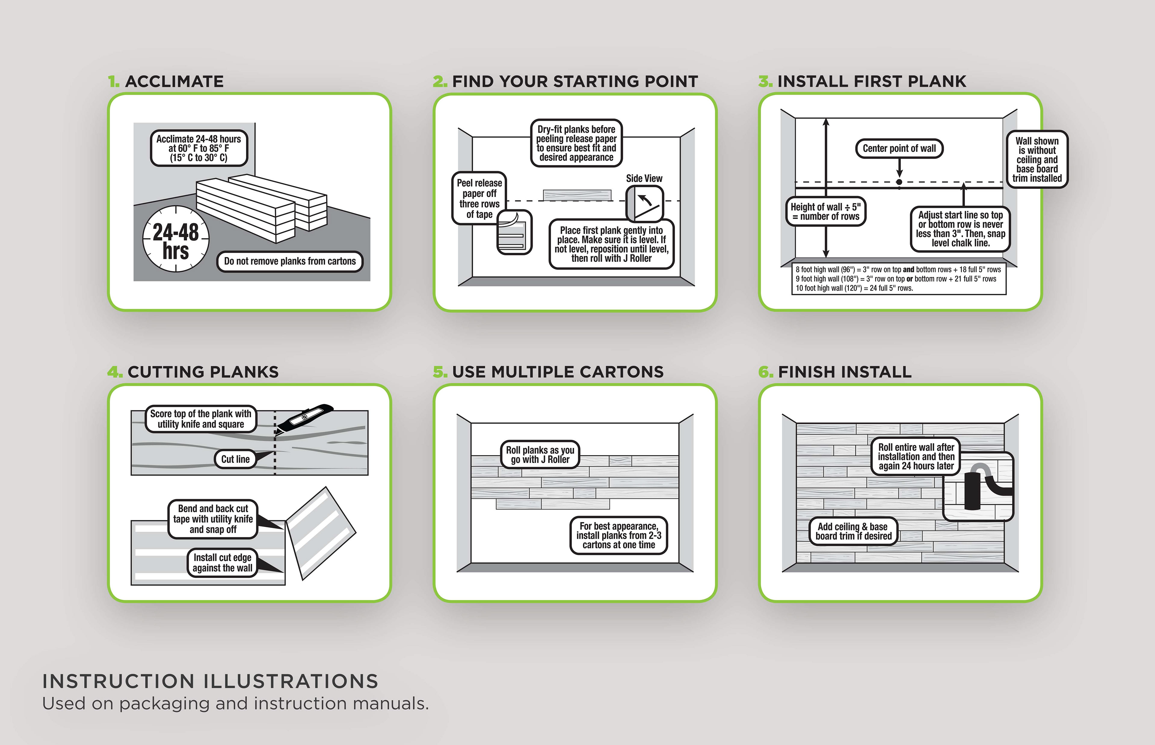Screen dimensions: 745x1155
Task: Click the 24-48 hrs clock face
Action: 176,239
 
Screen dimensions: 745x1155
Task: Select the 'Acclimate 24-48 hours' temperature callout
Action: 199,148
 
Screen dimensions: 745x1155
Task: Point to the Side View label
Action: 644,179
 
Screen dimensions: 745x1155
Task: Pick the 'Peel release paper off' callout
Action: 479,198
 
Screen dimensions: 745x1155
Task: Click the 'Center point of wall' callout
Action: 899,149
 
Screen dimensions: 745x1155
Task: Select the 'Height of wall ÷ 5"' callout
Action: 825,211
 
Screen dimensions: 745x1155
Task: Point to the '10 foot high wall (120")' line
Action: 854,288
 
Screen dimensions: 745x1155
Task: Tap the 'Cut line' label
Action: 236,459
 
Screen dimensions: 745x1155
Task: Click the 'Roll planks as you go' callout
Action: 540,455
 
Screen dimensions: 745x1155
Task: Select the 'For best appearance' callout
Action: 618,535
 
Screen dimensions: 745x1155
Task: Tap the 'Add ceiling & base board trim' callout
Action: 853,531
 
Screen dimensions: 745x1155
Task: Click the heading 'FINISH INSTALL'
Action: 844,372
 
